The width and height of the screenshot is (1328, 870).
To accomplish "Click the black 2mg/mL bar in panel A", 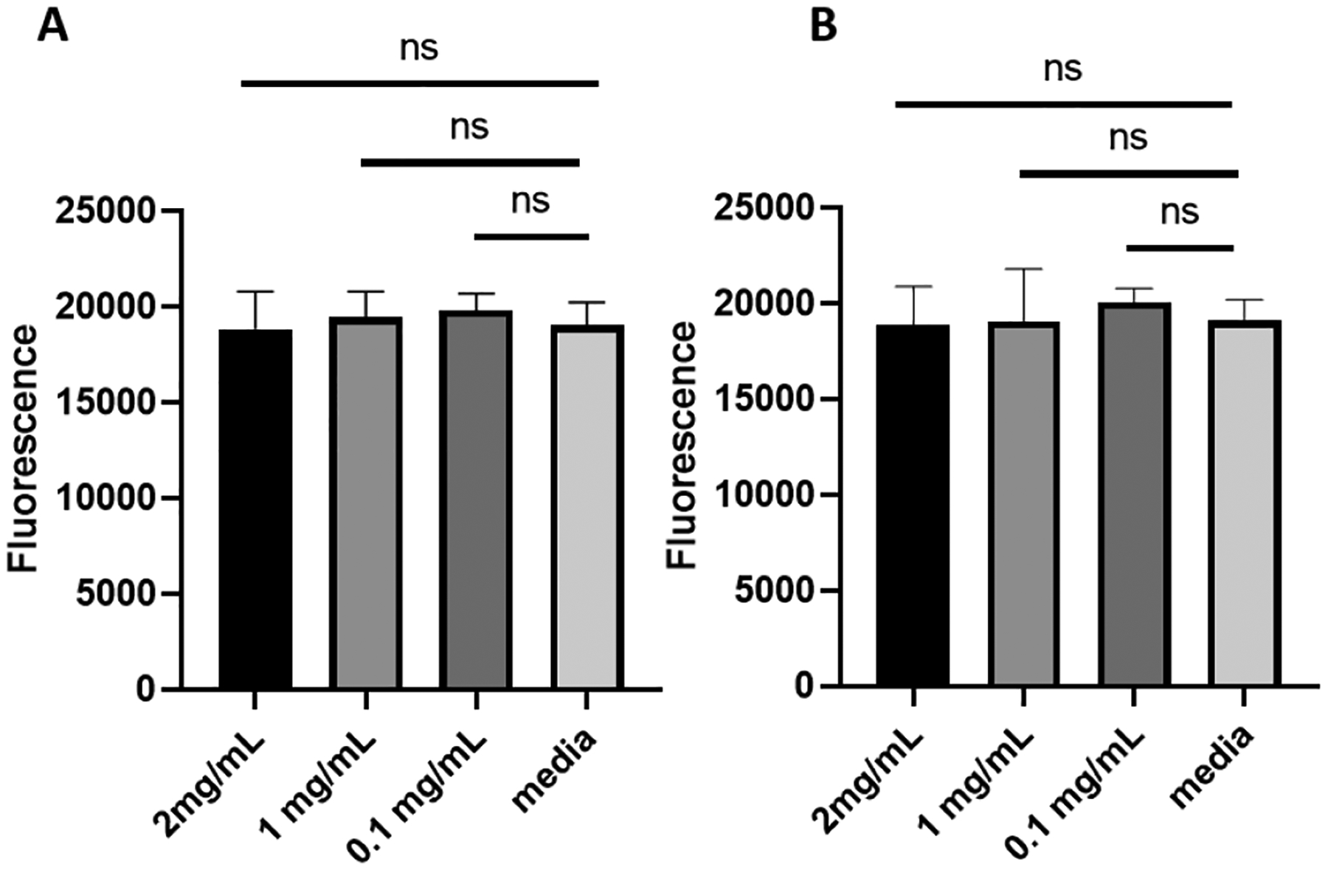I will [255, 509].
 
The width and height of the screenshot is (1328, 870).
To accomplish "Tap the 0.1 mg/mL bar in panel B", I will [1134, 494].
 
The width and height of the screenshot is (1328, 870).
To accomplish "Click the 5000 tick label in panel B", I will [775, 590].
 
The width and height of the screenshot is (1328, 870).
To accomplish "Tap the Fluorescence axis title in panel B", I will [681, 444].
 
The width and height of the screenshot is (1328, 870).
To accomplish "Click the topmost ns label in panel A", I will [419, 49].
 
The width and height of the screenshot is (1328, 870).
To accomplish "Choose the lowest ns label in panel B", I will [1180, 213].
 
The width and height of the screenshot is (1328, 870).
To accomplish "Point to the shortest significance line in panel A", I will [531, 237].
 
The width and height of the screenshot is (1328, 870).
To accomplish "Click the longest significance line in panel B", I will [1063, 105].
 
